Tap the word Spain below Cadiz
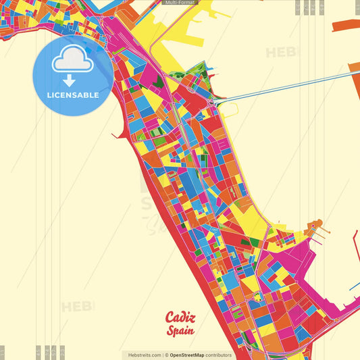tap(182, 331)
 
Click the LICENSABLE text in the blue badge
tap(74, 95)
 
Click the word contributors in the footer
tap(219, 355)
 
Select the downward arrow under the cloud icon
tap(73, 80)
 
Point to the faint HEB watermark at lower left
tap(78, 307)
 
